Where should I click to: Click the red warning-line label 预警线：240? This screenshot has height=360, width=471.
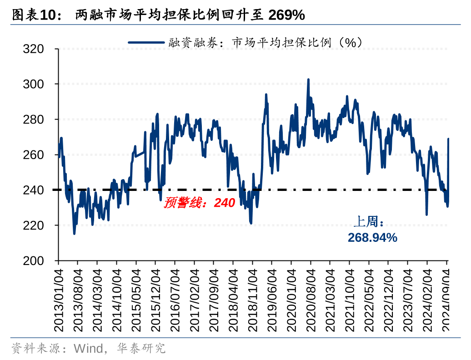[x=199, y=203]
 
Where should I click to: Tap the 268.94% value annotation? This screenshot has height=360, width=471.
[x=372, y=237]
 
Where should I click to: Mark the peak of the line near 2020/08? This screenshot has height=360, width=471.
[x=308, y=80]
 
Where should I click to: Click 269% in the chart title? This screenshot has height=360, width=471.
[x=286, y=15]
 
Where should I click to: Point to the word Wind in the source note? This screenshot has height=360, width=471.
[x=88, y=349]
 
